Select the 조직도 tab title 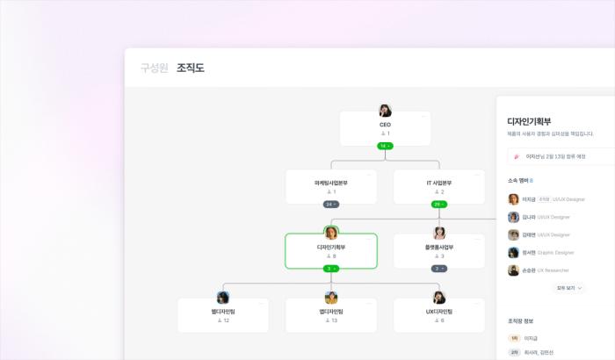point(190,68)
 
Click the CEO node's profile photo point(385,111)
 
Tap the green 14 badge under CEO point(385,146)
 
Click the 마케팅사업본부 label point(331,183)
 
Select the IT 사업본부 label point(438,183)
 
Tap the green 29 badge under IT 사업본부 point(438,204)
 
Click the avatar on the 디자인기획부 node point(331,233)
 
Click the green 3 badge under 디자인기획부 point(331,268)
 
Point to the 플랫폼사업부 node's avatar point(439,233)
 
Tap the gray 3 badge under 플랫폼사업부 point(439,268)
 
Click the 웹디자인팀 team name point(223,312)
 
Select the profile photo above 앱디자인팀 point(331,298)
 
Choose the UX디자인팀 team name point(439,312)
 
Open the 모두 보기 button point(569,287)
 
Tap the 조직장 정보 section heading point(524,320)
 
